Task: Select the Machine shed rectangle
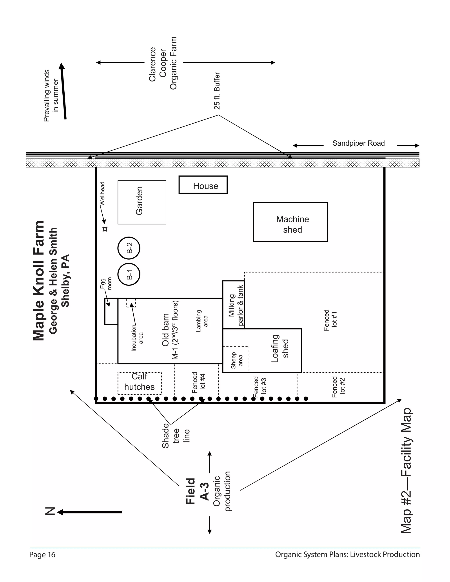pyautogui.click(x=290, y=222)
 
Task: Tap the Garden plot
pyautogui.click(x=142, y=202)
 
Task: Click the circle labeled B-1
pyautogui.click(x=129, y=274)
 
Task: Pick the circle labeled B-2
pyautogui.click(x=129, y=248)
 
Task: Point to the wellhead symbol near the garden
pyautogui.click(x=105, y=229)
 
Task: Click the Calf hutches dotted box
pyautogui.click(x=140, y=383)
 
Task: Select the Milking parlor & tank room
pyautogui.click(x=234, y=305)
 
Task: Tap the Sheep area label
pyautogui.click(x=236, y=360)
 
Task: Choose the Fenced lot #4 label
pyautogui.click(x=199, y=383)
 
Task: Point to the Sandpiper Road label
pyautogui.click(x=359, y=143)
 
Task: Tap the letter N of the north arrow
pyautogui.click(x=50, y=512)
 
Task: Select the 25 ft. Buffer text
pyautogui.click(x=217, y=91)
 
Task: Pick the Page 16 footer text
pyautogui.click(x=42, y=555)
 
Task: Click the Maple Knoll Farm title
pyautogui.click(x=39, y=281)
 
